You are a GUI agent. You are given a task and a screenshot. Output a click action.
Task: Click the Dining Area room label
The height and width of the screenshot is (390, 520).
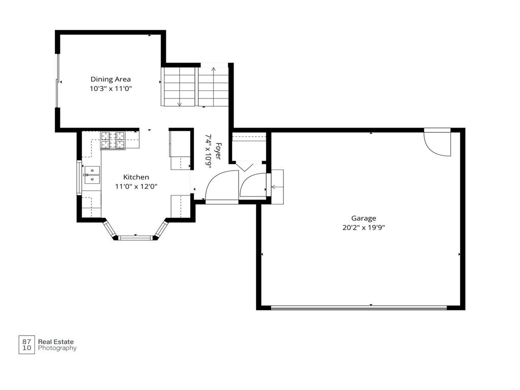(x=111, y=79)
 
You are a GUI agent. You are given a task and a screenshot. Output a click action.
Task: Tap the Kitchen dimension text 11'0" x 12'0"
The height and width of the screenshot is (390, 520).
(x=136, y=186)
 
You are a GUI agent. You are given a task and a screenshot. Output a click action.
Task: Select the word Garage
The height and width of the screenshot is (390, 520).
(x=364, y=218)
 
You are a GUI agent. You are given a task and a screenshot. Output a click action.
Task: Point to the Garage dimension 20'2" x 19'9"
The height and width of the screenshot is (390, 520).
(x=364, y=228)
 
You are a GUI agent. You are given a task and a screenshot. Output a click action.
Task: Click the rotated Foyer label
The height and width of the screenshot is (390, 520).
(x=218, y=151)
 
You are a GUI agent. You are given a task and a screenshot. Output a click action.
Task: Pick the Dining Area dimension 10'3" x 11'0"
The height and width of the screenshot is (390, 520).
(x=111, y=88)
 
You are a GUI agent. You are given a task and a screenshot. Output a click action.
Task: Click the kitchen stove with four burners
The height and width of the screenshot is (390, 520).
(x=113, y=140)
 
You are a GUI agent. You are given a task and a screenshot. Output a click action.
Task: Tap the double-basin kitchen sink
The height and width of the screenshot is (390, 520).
(x=92, y=175)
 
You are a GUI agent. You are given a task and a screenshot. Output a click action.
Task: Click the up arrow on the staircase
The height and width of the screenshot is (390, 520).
(x=214, y=87)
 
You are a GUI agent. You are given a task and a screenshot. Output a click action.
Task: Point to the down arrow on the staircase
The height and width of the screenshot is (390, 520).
(x=180, y=87)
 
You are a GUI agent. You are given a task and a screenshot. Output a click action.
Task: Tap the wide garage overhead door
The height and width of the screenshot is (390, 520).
(x=359, y=308)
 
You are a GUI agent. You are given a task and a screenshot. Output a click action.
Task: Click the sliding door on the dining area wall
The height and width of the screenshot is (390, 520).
(x=58, y=81)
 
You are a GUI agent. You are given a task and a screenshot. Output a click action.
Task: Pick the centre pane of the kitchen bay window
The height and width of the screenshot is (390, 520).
(x=135, y=238)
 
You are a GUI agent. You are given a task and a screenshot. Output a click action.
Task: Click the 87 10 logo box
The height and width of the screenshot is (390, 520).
(x=26, y=345)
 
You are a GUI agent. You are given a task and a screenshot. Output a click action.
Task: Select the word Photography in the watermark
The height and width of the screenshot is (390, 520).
(x=57, y=348)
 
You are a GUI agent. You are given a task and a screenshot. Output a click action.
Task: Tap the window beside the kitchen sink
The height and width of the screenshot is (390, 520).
(x=79, y=177)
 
